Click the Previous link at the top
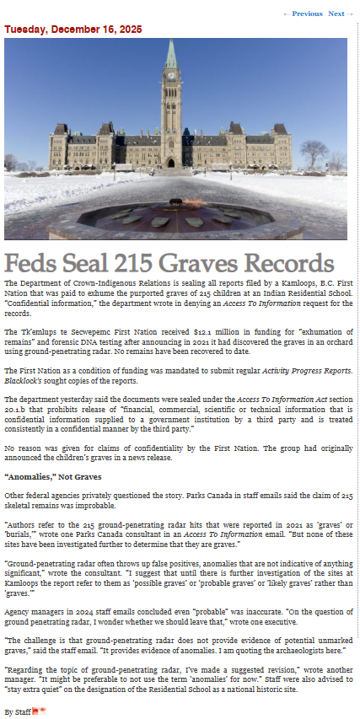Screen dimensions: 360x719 click(x=304, y=13)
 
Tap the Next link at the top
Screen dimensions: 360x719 click(x=336, y=13)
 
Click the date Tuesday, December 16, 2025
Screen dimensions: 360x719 click(x=73, y=29)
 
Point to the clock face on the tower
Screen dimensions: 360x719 click(x=171, y=75)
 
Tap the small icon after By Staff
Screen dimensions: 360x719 click(x=39, y=711)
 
